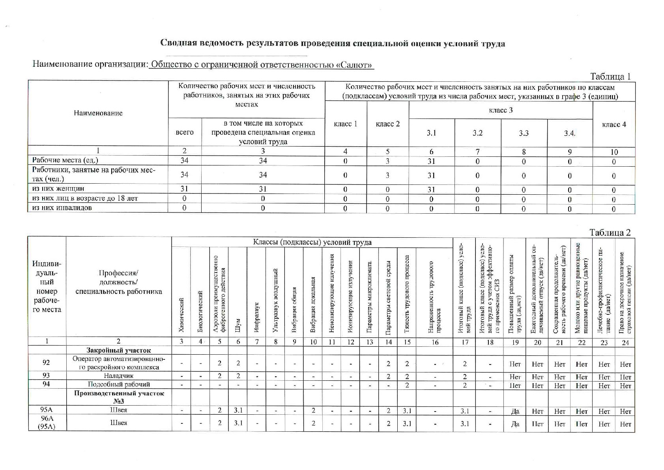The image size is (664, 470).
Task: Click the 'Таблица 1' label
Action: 610,76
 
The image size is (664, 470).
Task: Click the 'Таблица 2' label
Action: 610,232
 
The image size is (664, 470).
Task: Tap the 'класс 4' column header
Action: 614,124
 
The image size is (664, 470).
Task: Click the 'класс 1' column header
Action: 345,124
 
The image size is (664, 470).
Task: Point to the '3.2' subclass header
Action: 477,133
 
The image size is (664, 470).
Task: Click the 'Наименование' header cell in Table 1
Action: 98,113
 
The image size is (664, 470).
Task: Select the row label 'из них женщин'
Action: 58,189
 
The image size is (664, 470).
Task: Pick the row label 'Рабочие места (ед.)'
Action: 65,160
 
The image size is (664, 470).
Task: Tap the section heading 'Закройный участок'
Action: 118,350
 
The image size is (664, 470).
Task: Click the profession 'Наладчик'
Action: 118,376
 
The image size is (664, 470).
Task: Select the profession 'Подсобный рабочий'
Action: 118,384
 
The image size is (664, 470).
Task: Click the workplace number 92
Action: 47,362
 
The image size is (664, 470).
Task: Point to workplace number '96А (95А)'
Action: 47,422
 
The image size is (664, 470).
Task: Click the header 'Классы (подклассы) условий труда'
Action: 312,242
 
